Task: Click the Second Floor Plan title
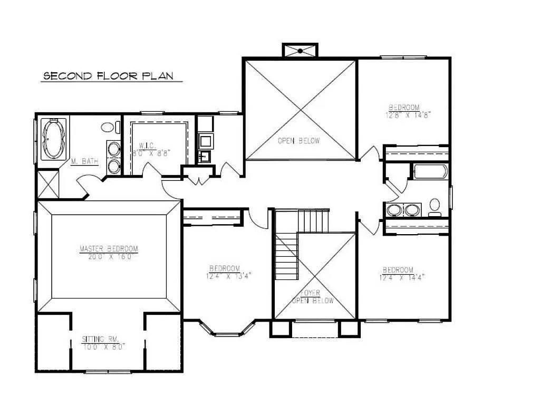(108, 76)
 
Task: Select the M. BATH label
(84, 161)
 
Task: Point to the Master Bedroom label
(109, 249)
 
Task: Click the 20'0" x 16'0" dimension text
(109, 257)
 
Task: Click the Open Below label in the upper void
(298, 141)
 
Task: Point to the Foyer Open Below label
(314, 297)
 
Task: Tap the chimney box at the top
(300, 51)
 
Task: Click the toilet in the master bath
(108, 127)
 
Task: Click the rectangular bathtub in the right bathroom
(430, 172)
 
